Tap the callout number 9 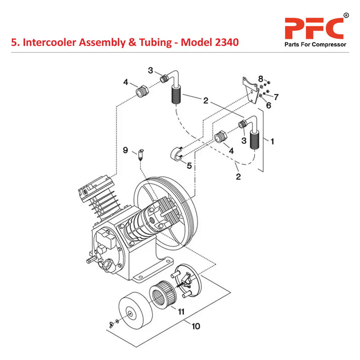pos(126,149)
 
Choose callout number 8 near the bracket pos(260,80)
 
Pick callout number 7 pos(276,97)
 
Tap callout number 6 pos(269,106)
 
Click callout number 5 pos(189,165)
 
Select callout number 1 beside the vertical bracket pos(271,140)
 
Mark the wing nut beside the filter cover pos(109,323)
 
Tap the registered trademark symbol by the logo pos(346,16)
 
